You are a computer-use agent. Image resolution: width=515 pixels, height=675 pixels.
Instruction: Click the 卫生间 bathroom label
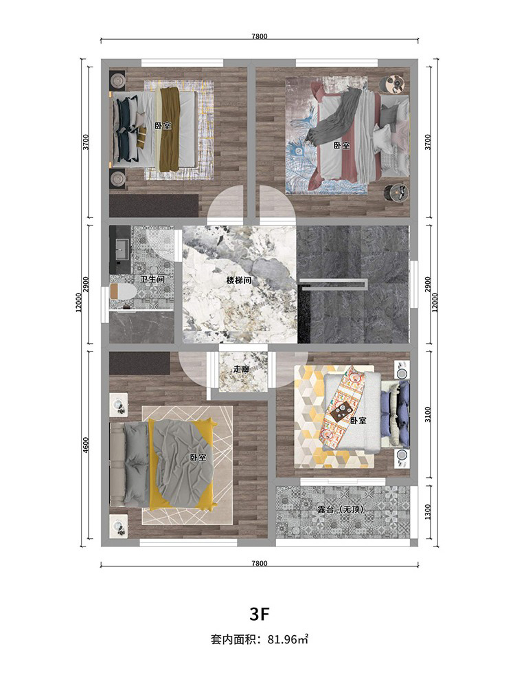click(152, 279)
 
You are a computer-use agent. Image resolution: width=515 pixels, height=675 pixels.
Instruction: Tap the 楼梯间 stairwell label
click(239, 280)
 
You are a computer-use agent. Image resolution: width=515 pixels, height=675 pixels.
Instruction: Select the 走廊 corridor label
click(241, 369)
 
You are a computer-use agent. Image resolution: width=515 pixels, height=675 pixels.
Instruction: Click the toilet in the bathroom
click(122, 292)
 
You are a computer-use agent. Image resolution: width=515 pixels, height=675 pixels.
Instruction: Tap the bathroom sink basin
click(122, 248)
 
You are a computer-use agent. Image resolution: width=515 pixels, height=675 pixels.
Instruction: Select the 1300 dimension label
click(427, 512)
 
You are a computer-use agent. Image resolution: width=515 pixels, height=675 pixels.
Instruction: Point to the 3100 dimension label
click(427, 414)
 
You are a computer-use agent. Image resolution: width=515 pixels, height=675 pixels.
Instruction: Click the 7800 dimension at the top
click(260, 36)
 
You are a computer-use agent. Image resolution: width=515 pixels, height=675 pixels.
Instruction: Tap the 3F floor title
click(260, 615)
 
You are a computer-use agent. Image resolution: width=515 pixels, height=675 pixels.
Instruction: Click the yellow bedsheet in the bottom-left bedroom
click(181, 463)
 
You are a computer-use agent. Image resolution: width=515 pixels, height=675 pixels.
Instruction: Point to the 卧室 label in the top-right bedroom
click(342, 146)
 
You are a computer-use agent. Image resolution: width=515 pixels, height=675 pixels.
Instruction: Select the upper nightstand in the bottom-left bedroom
click(119, 405)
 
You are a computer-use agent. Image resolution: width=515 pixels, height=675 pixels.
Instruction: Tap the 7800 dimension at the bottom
click(260, 564)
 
